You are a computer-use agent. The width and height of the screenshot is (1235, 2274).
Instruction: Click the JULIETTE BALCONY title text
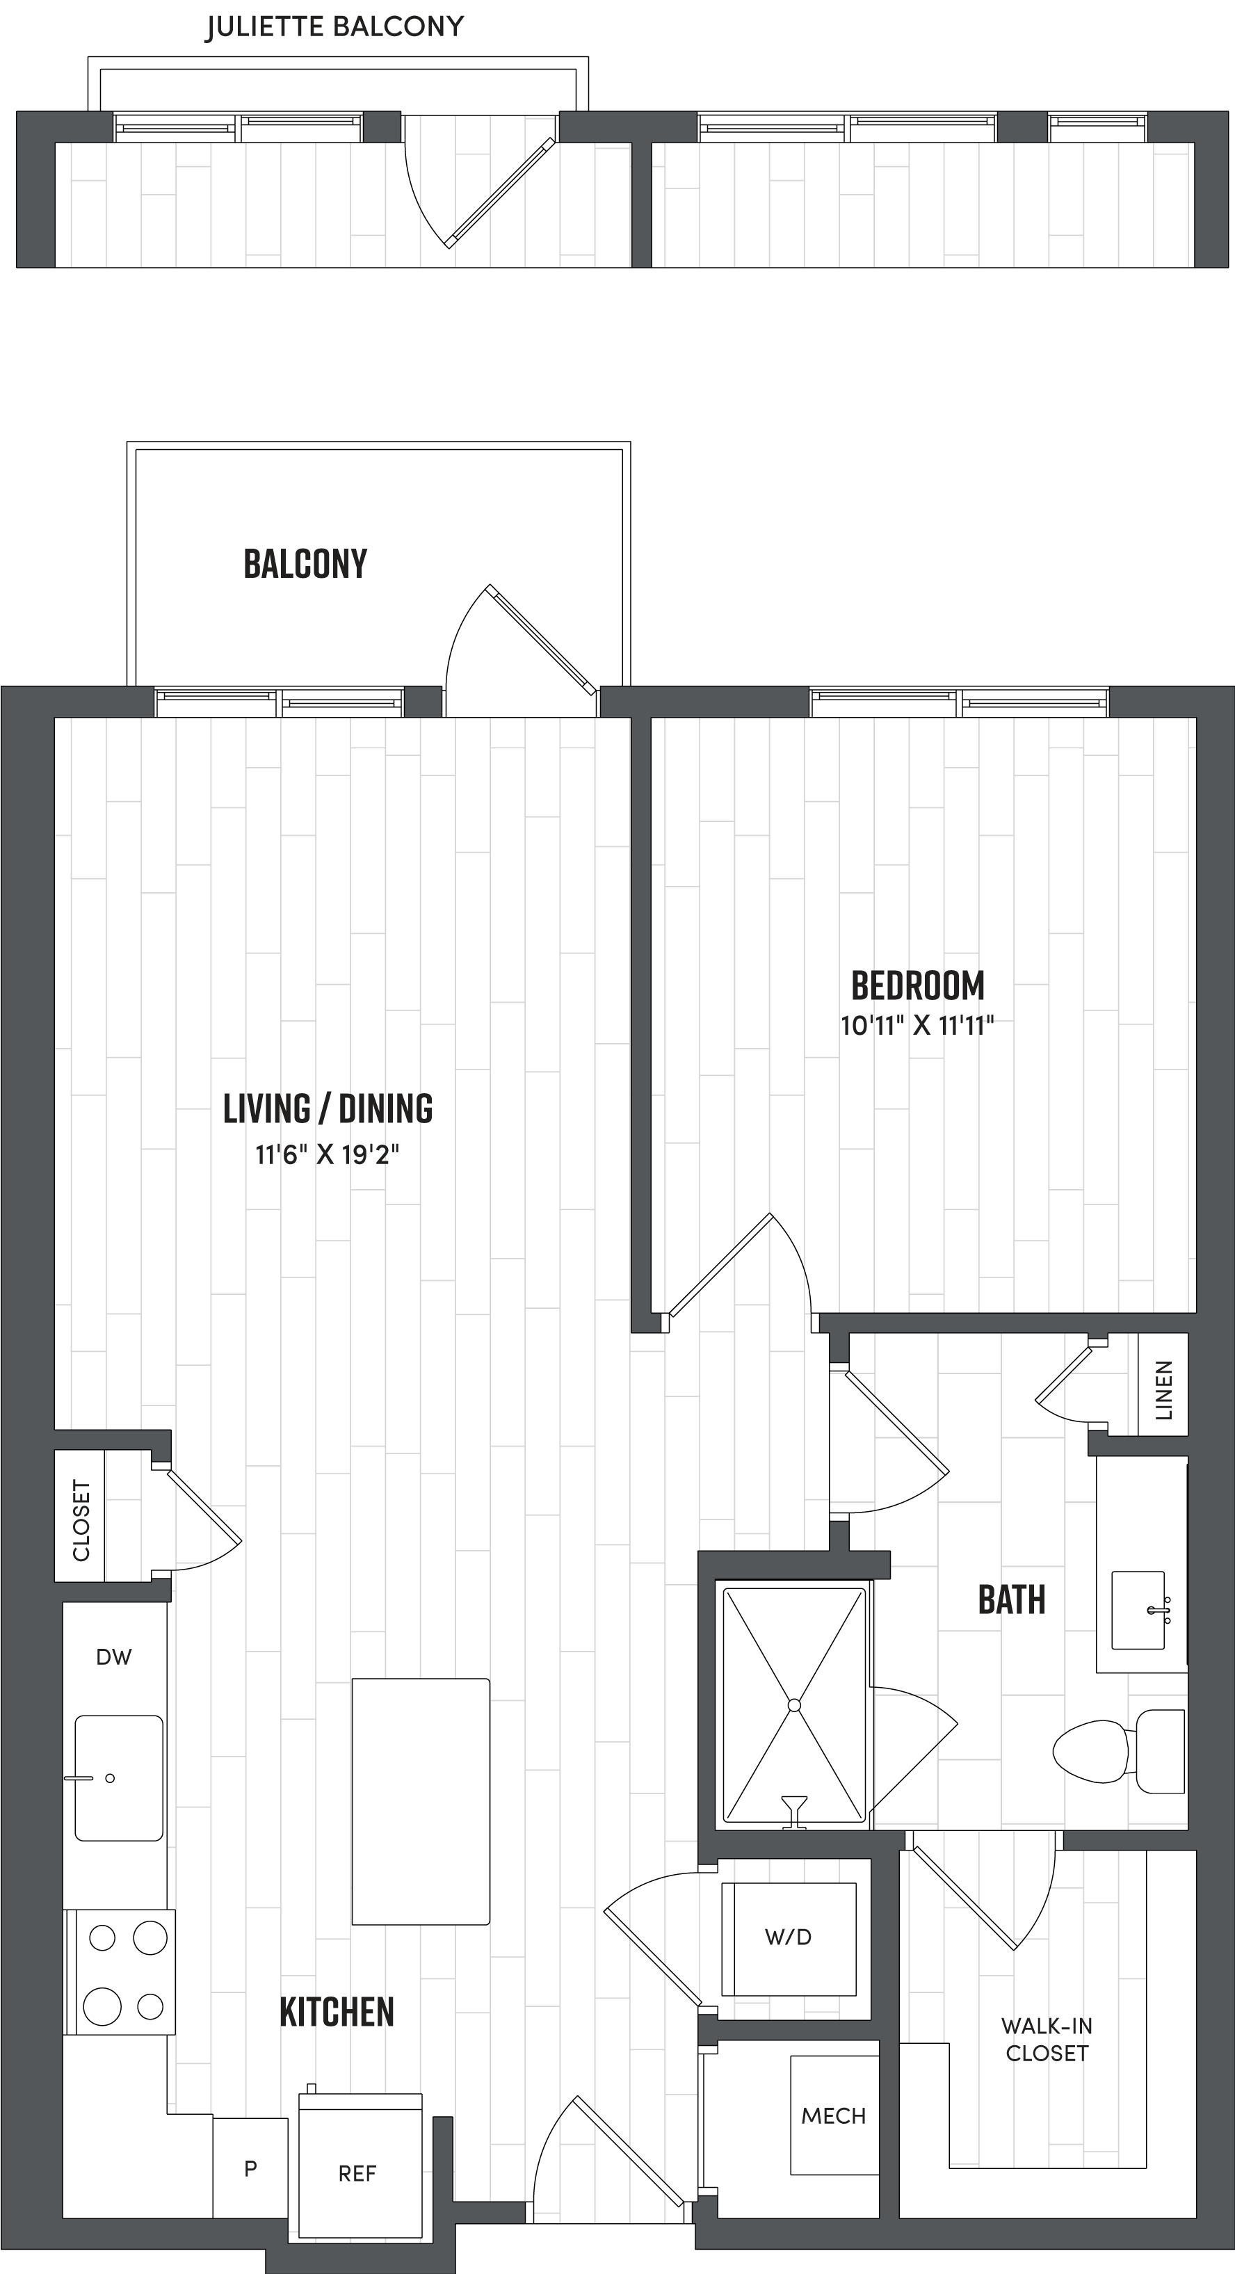[x=334, y=27]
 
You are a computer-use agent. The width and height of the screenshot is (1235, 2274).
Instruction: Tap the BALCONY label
[x=305, y=564]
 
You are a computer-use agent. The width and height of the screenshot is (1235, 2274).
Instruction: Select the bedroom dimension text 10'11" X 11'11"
[x=917, y=1026]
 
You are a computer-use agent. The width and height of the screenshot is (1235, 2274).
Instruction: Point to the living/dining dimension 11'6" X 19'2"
[x=328, y=1154]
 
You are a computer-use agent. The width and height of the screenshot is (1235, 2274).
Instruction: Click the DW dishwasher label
[x=114, y=1658]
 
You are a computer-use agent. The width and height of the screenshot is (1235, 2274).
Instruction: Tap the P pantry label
[x=251, y=2168]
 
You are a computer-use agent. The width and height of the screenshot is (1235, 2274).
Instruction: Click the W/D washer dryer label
[x=789, y=1937]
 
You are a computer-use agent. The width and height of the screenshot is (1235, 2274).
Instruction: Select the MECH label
[x=833, y=2116]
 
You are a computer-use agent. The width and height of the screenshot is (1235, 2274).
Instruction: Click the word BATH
[x=1012, y=1600]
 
